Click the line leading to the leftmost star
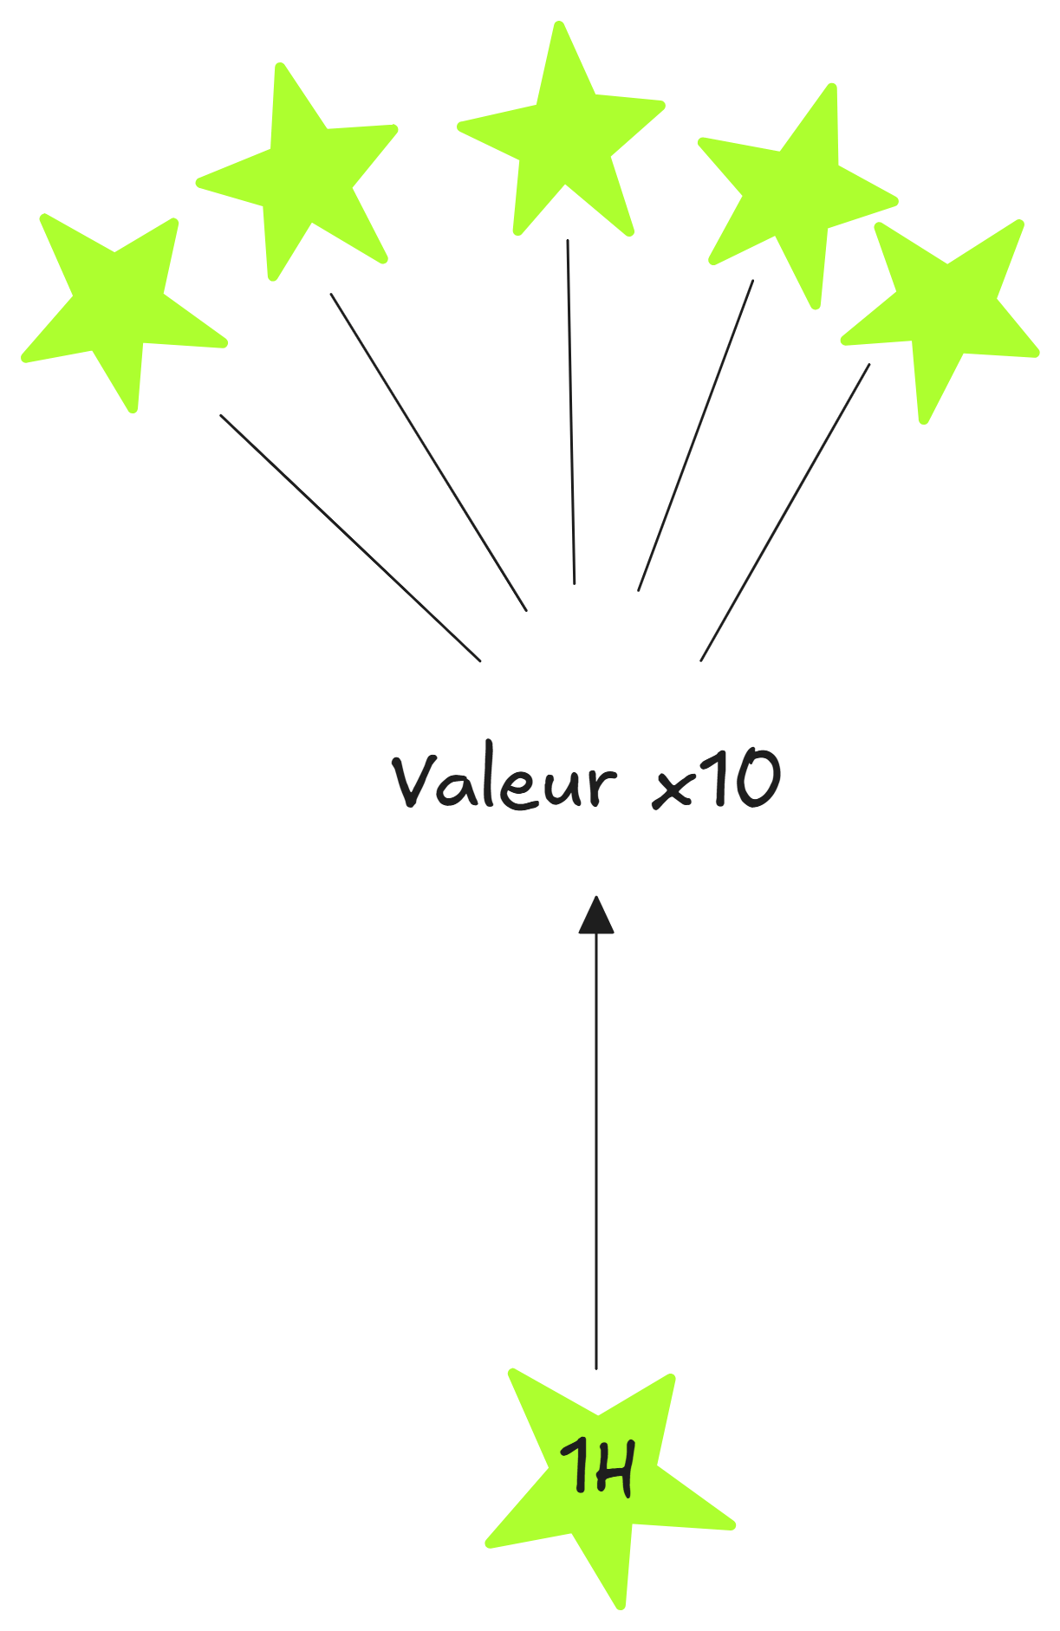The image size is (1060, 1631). point(350,537)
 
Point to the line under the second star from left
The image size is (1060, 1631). point(428,452)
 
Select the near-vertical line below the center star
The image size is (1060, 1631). point(571,412)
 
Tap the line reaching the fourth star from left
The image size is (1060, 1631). point(696,435)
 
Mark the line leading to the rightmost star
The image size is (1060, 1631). point(785,512)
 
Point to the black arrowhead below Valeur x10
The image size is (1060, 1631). point(596,917)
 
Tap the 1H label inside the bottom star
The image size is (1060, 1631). point(598,1465)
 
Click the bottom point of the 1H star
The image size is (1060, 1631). point(621,1605)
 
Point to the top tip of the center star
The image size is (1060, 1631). point(560,25)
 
